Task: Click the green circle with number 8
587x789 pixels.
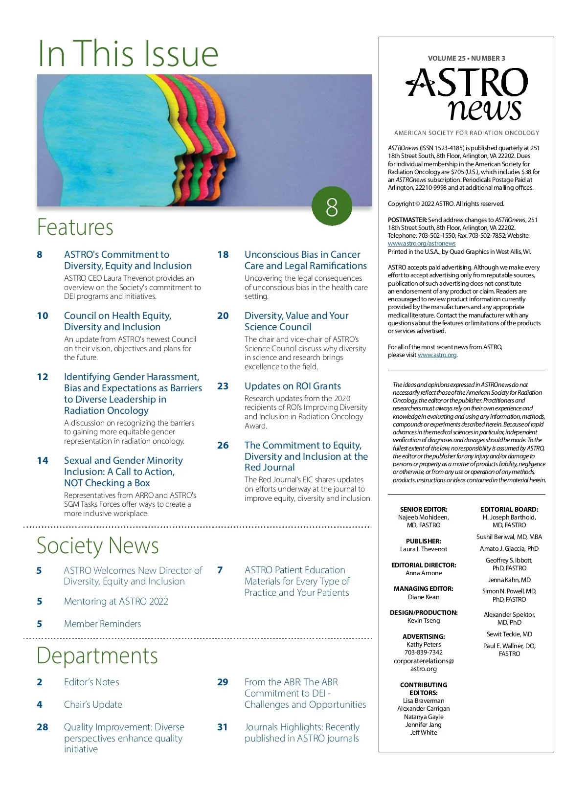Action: pos(332,206)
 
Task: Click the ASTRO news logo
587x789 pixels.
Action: pos(467,94)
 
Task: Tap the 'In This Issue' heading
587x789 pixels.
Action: pos(128,53)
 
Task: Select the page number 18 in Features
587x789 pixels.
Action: pos(223,255)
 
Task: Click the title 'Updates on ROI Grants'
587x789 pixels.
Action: pos(293,386)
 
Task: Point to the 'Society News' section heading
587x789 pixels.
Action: pos(98,545)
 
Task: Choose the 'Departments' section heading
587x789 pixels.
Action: pos(97,655)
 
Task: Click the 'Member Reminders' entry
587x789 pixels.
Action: pos(102,624)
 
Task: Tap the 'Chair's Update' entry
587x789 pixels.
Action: pos(93,705)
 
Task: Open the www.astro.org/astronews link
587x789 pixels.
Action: pos(422,244)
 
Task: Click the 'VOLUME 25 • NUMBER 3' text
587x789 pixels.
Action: pos(466,58)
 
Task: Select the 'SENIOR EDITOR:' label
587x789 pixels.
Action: pos(424,509)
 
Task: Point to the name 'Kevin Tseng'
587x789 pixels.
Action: pos(424,621)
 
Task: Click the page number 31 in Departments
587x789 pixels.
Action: pos(223,727)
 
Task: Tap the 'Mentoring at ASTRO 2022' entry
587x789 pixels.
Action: pos(116,602)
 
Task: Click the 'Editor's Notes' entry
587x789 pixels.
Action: pos(91,682)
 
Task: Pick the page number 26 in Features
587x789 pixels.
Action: pos(223,446)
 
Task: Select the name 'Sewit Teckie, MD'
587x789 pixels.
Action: pos(509,634)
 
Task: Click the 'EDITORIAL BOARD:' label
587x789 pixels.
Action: pos(509,509)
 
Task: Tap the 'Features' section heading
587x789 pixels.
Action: pos(75,227)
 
